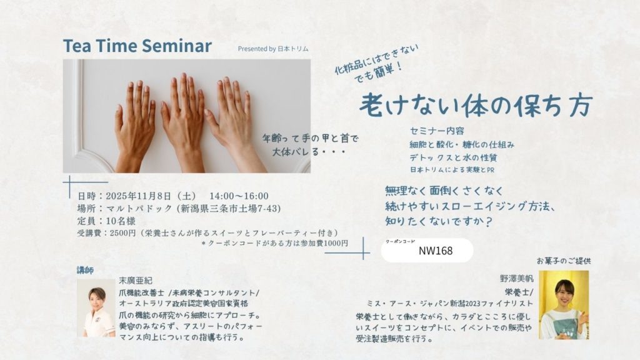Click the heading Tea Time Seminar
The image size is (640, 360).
(137, 46)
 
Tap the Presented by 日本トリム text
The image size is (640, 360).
(273, 49)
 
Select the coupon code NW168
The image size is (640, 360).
(436, 251)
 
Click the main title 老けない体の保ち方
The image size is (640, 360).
(476, 105)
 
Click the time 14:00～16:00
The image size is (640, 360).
(239, 196)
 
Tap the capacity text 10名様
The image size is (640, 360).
(121, 221)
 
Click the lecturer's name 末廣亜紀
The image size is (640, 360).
(136, 281)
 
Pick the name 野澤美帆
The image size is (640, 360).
(516, 279)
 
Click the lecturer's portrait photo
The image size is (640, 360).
(96, 308)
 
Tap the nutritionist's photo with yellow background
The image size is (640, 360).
(564, 304)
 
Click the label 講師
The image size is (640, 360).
(85, 270)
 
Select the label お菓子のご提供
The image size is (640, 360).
(564, 261)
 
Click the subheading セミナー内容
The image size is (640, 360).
(437, 131)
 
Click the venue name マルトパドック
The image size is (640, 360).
(139, 209)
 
